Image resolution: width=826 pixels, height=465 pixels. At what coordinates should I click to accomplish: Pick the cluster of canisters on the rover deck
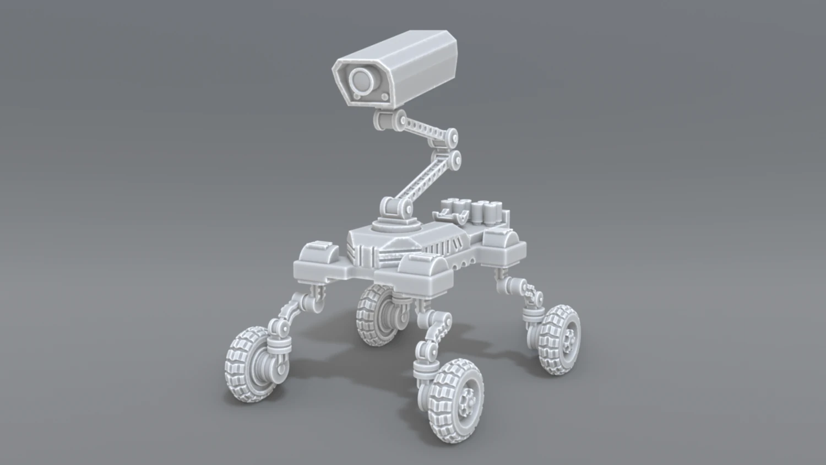[488, 212]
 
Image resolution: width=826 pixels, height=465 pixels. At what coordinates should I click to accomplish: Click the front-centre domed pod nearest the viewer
[425, 272]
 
